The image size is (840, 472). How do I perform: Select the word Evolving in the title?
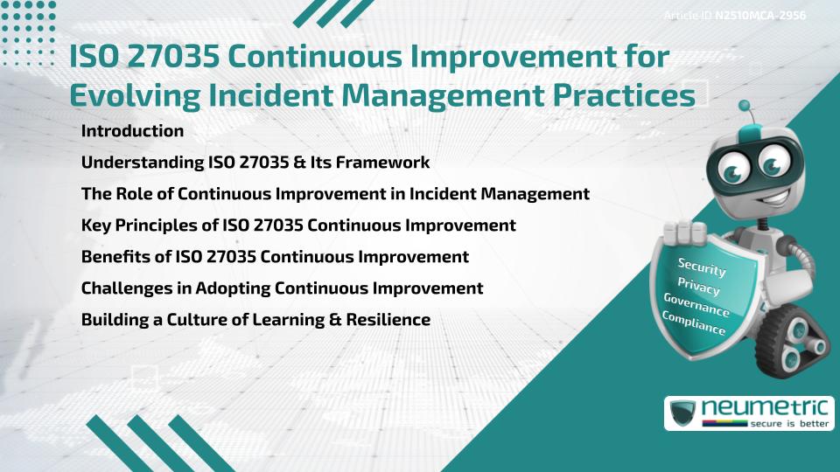point(135,96)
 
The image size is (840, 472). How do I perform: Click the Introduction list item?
point(132,130)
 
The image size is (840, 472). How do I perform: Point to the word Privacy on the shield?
point(698,287)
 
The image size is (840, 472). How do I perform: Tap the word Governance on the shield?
point(696,305)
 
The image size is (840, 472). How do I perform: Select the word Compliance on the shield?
point(693,323)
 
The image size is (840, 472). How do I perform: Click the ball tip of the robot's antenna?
point(744,106)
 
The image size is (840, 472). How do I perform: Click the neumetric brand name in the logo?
point(765,408)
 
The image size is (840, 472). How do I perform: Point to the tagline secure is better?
point(789,424)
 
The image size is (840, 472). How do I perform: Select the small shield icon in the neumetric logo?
point(683,413)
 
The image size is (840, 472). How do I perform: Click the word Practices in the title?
point(624,96)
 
